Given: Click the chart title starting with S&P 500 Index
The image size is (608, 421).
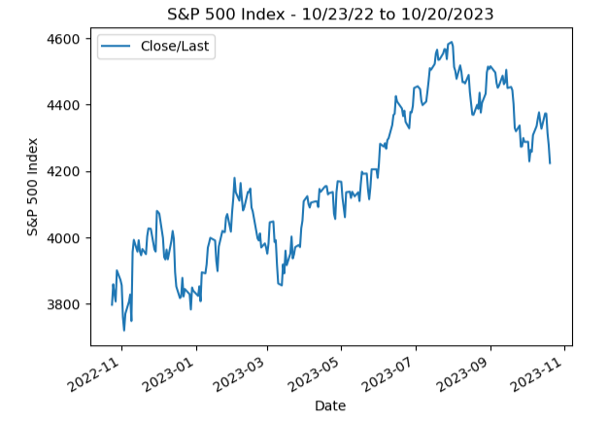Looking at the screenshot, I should (330, 14).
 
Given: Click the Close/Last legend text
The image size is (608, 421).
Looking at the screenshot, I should (177, 47).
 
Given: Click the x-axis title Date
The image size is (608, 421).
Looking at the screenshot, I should (330, 406).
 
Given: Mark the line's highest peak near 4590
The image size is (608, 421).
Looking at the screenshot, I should (451, 42).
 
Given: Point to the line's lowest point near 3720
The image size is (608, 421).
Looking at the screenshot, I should (123, 331).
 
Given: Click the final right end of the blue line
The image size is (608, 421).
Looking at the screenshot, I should (550, 163).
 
